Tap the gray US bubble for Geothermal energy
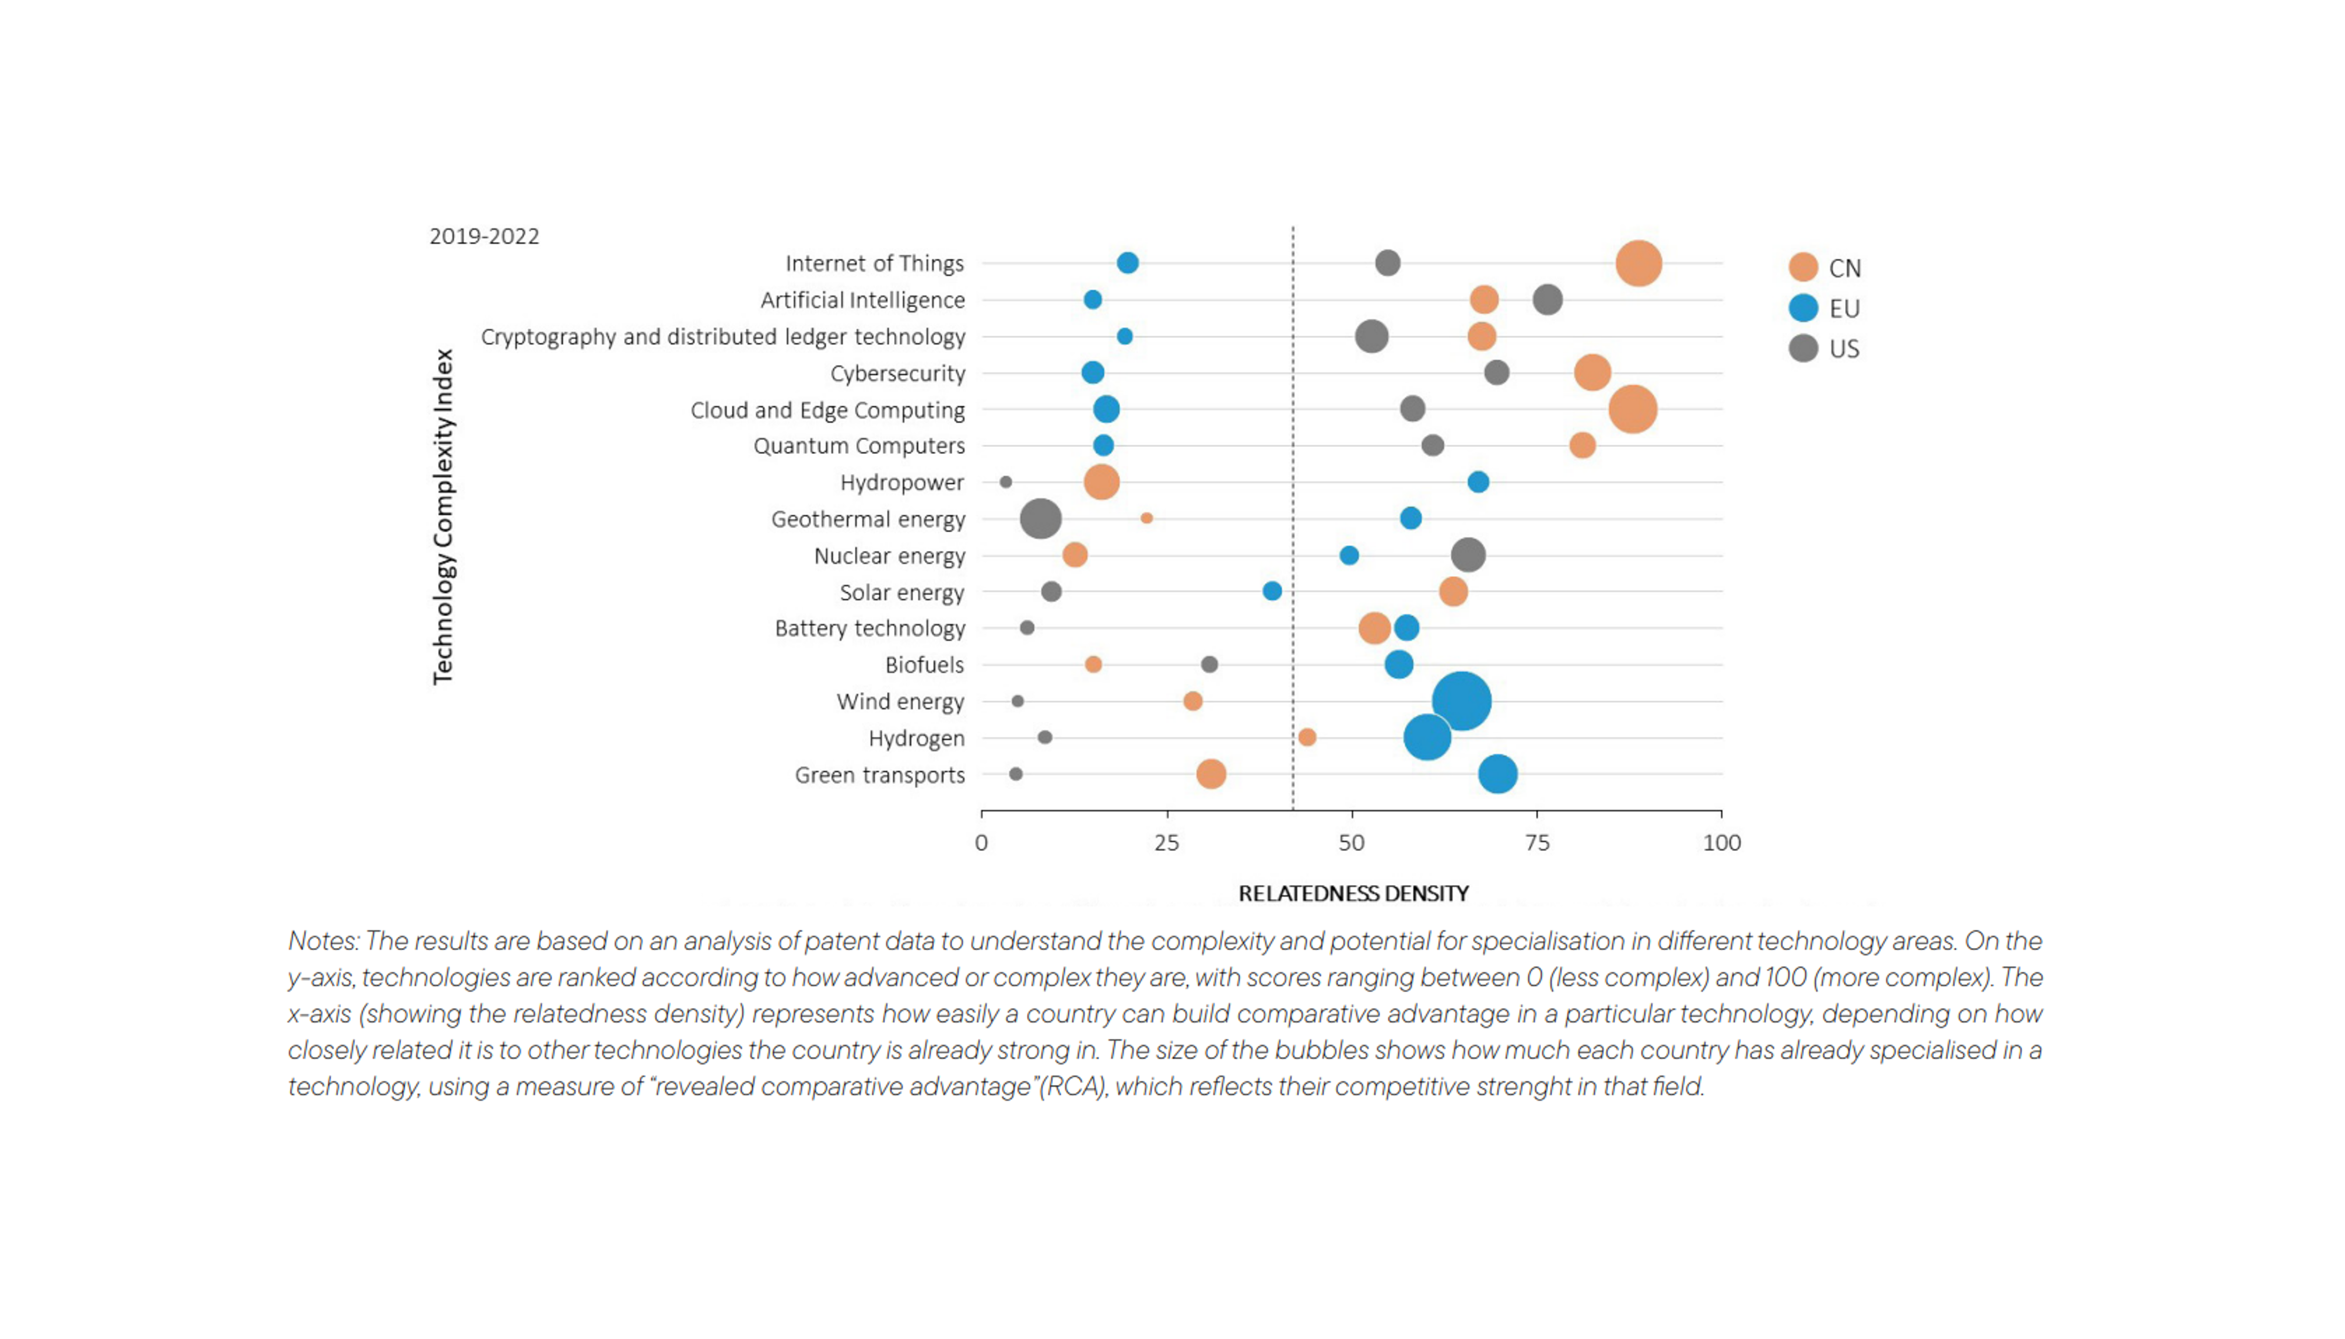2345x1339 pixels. tap(1040, 519)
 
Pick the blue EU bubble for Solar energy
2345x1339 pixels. tap(1272, 592)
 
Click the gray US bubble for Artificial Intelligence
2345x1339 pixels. tap(1547, 300)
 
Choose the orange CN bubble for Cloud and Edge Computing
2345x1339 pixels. tap(1632, 409)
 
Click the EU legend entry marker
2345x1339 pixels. tap(1803, 308)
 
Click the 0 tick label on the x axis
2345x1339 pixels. tap(981, 843)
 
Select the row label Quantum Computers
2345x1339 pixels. tap(859, 446)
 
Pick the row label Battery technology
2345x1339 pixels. tap(869, 628)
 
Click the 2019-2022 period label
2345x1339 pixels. tap(483, 236)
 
